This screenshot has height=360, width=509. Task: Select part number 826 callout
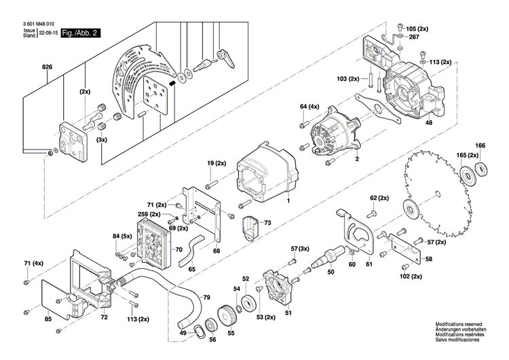(x=47, y=67)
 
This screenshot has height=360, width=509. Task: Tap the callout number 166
(x=480, y=145)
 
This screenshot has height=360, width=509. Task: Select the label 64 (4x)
(x=309, y=107)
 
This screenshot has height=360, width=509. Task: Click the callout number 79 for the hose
(x=206, y=298)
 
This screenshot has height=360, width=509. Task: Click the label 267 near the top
(x=414, y=38)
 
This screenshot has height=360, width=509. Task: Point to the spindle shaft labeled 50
(x=324, y=262)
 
